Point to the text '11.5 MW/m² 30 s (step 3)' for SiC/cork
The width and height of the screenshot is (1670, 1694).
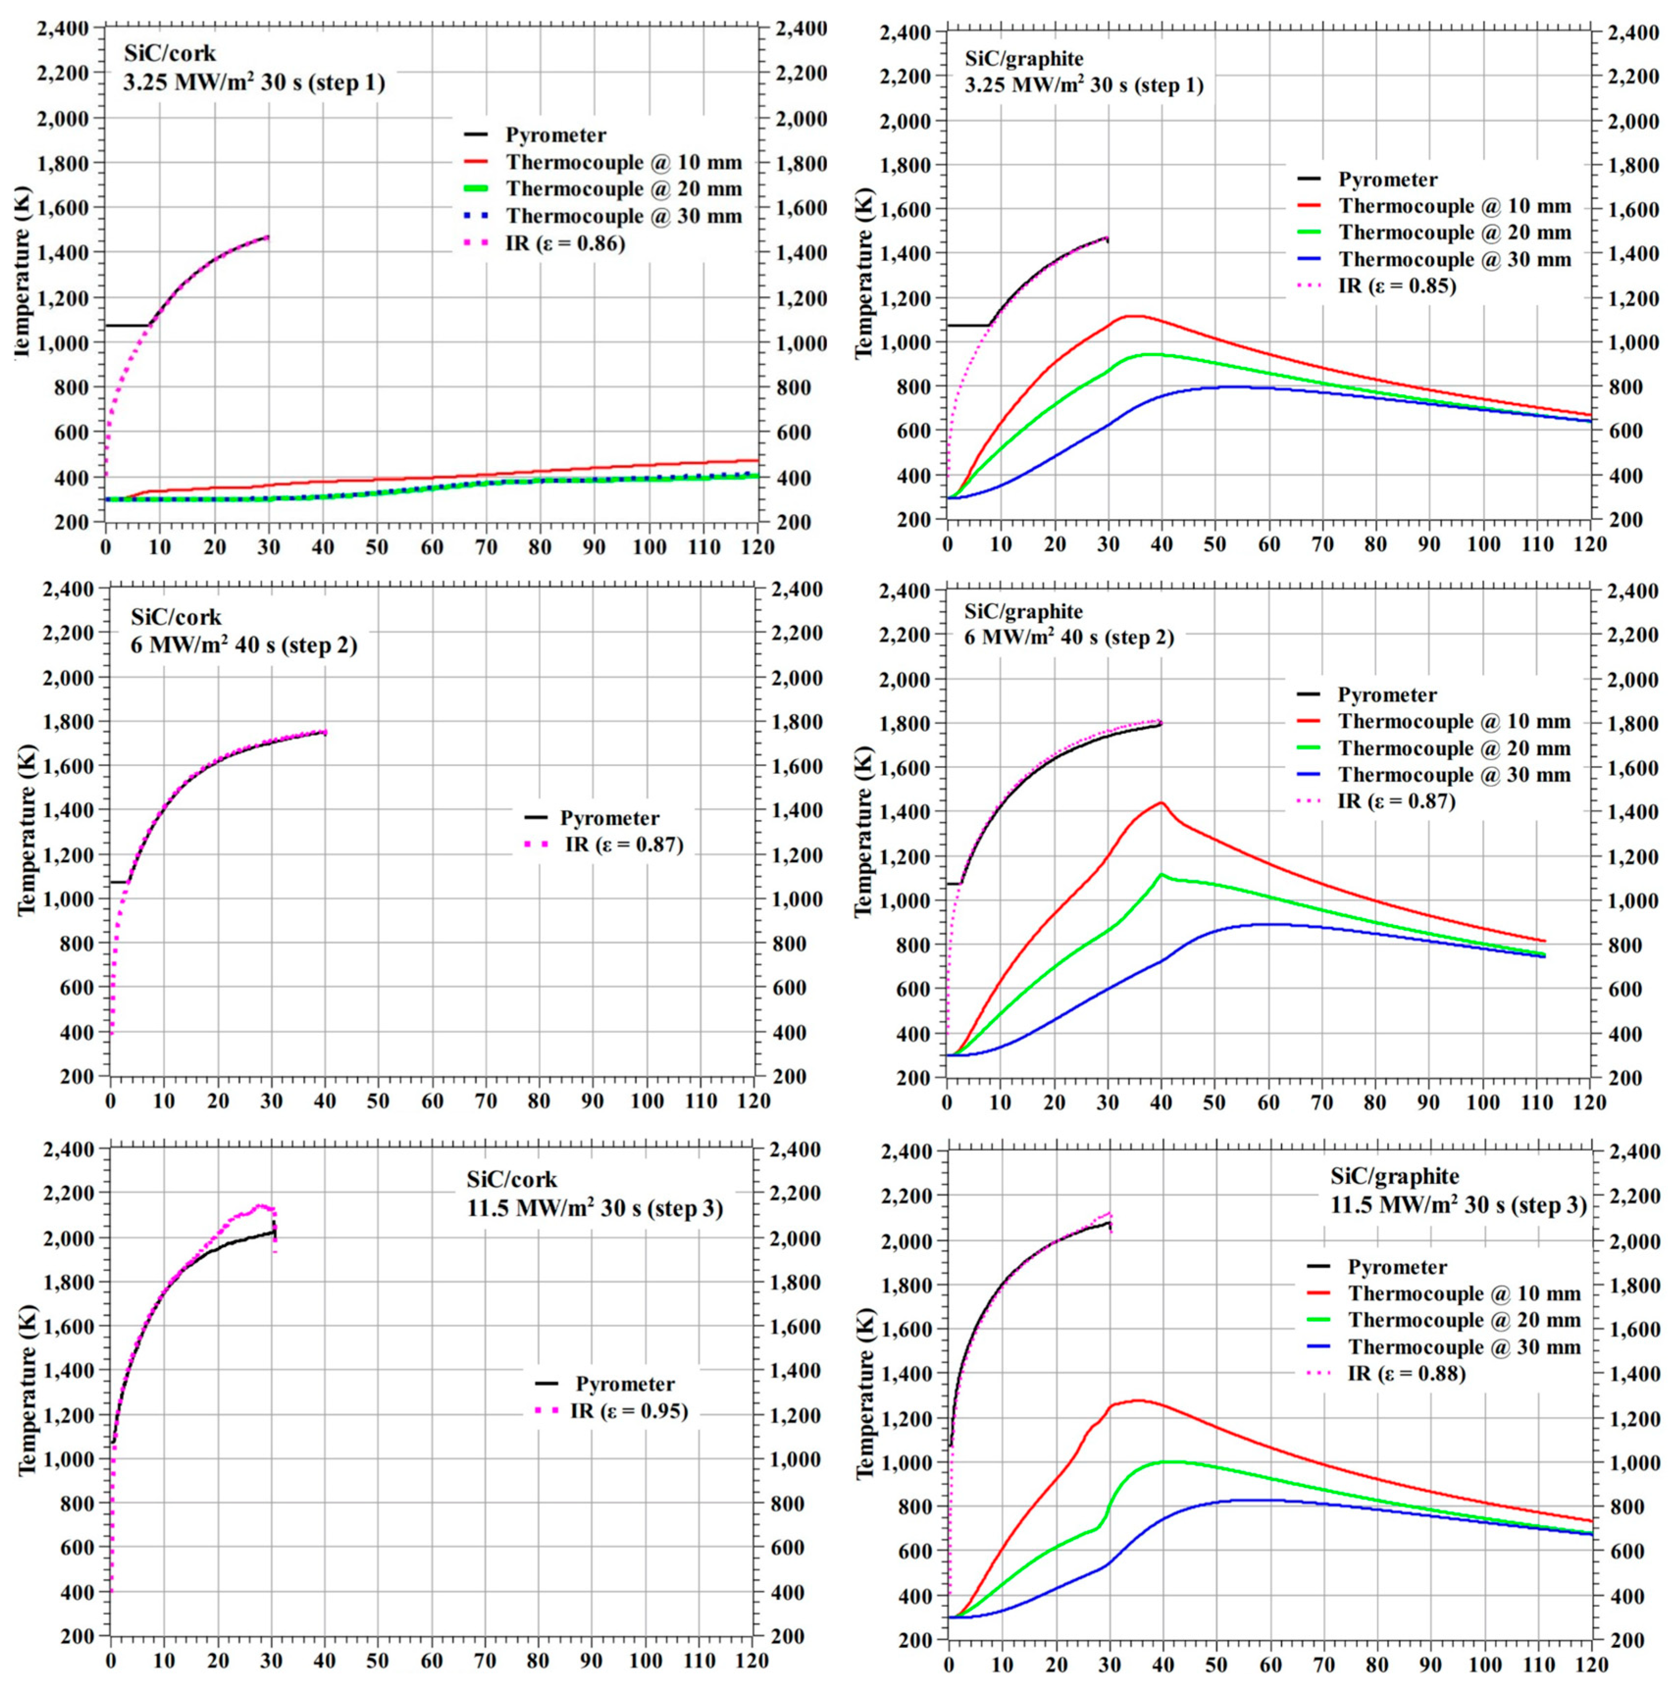(594, 1209)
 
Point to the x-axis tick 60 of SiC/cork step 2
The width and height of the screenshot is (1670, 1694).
(431, 1100)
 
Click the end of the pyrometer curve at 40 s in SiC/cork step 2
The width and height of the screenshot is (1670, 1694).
(325, 732)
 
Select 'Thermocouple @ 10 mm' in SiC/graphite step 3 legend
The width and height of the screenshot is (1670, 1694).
(1464, 1293)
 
